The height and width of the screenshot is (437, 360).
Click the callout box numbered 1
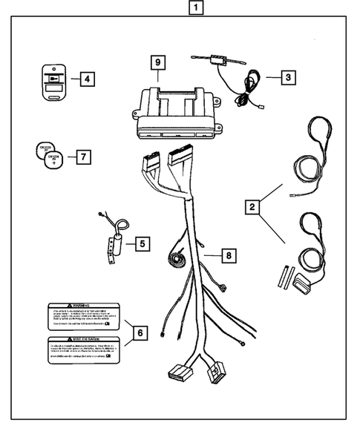click(x=194, y=10)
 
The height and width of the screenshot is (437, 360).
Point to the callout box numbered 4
click(x=87, y=78)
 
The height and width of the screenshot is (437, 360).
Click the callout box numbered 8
click(x=229, y=256)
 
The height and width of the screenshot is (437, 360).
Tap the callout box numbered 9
click(x=157, y=62)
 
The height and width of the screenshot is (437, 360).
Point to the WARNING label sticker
click(x=82, y=316)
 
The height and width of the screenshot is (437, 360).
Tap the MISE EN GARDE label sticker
click(x=82, y=349)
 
